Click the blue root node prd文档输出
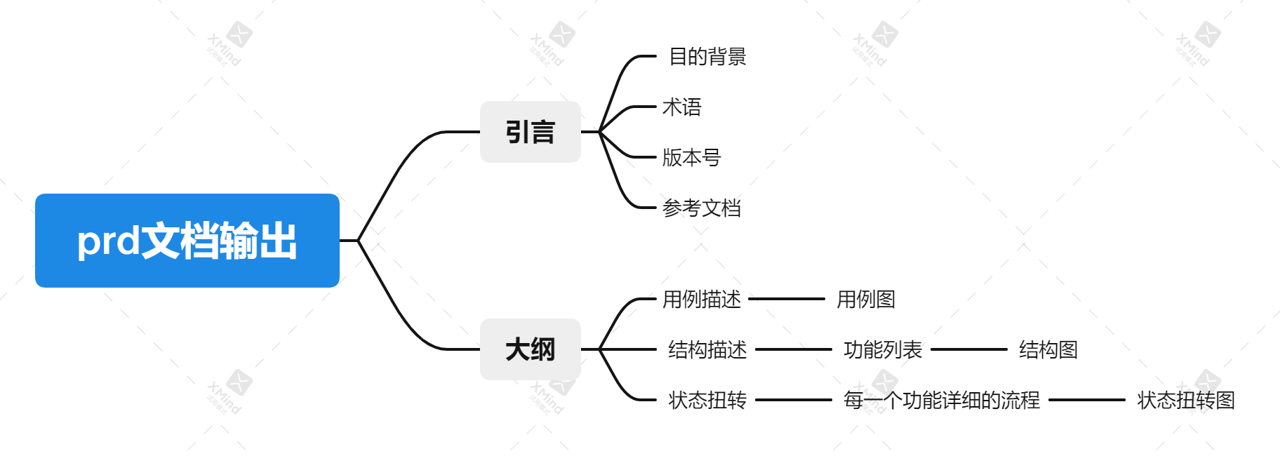[187, 241]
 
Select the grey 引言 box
[530, 132]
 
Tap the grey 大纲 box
[530, 349]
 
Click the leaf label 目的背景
[707, 57]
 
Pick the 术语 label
[681, 107]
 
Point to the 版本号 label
[691, 158]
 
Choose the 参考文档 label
[701, 208]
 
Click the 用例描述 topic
[701, 300]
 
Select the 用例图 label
[865, 300]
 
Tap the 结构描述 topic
[707, 350]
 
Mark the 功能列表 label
[882, 350]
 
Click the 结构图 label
[1048, 350]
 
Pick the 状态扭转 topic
[707, 401]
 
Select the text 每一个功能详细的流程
[941, 401]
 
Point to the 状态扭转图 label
[1185, 401]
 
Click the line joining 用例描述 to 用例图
[787, 299]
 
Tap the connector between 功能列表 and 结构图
[969, 349]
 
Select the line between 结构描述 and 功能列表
[794, 349]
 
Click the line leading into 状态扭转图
[1087, 400]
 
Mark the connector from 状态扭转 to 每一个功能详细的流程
[794, 400]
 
